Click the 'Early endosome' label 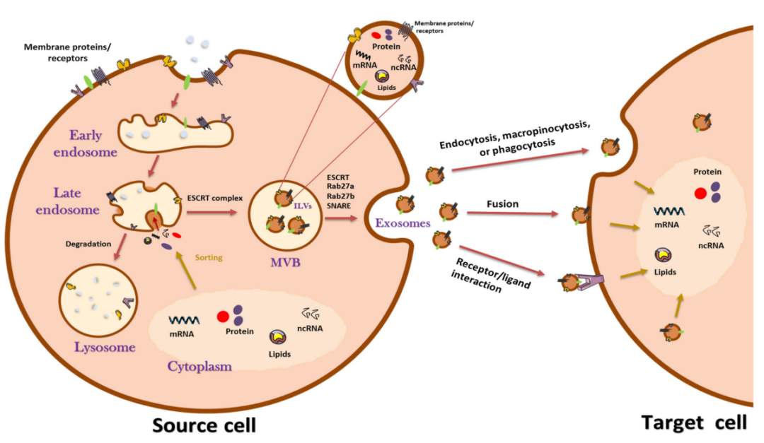[86, 143]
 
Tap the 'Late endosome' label [67, 201]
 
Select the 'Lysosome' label [105, 347]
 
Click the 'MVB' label [286, 262]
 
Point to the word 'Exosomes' [403, 223]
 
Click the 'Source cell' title [204, 425]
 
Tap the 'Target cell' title [694, 422]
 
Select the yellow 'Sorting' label [209, 257]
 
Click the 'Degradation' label [88, 244]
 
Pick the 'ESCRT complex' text [215, 198]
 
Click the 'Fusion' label [502, 203]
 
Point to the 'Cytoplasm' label [199, 366]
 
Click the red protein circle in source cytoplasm [223, 317]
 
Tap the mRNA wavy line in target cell [668, 211]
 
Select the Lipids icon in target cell [664, 254]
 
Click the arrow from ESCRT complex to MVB [212, 212]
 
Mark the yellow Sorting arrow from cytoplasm [186, 270]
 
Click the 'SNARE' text [339, 206]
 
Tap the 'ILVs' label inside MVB [302, 206]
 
